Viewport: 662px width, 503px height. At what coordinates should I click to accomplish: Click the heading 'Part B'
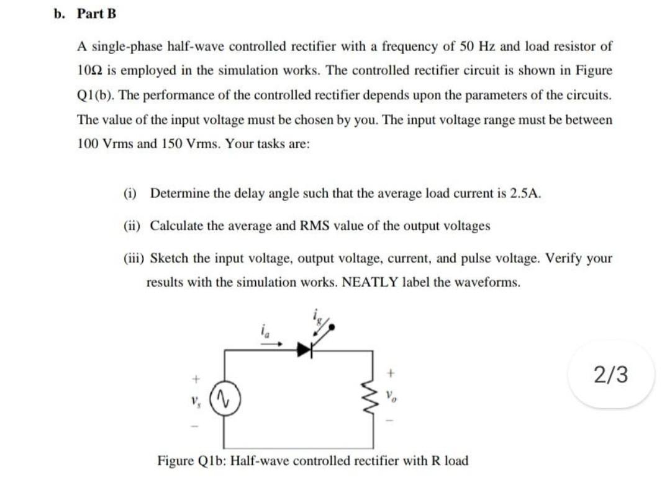(x=96, y=14)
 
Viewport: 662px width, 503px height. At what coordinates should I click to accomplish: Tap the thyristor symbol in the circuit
(x=306, y=350)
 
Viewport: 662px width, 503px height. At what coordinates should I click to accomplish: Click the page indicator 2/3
(x=610, y=375)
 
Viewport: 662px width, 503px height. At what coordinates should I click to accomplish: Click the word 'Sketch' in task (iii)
(x=170, y=258)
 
